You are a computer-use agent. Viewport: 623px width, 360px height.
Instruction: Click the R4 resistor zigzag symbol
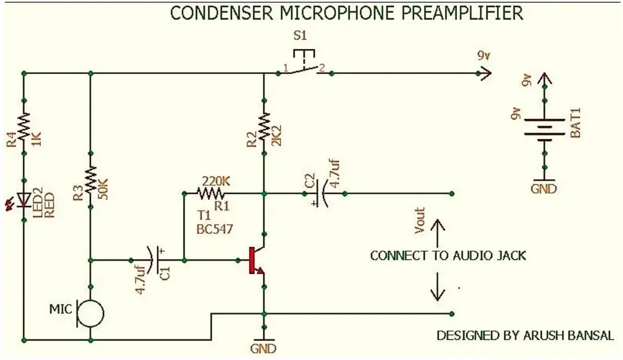[x=24, y=127]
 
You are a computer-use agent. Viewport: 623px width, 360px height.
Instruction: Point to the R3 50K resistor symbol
[x=91, y=179]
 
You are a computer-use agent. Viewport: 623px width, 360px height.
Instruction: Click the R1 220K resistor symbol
[x=211, y=193]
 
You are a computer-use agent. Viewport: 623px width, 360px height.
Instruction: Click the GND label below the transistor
[x=264, y=349]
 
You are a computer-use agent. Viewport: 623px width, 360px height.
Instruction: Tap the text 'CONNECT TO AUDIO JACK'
[x=448, y=256]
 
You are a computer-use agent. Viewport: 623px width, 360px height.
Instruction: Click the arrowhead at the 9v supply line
[x=485, y=73]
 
